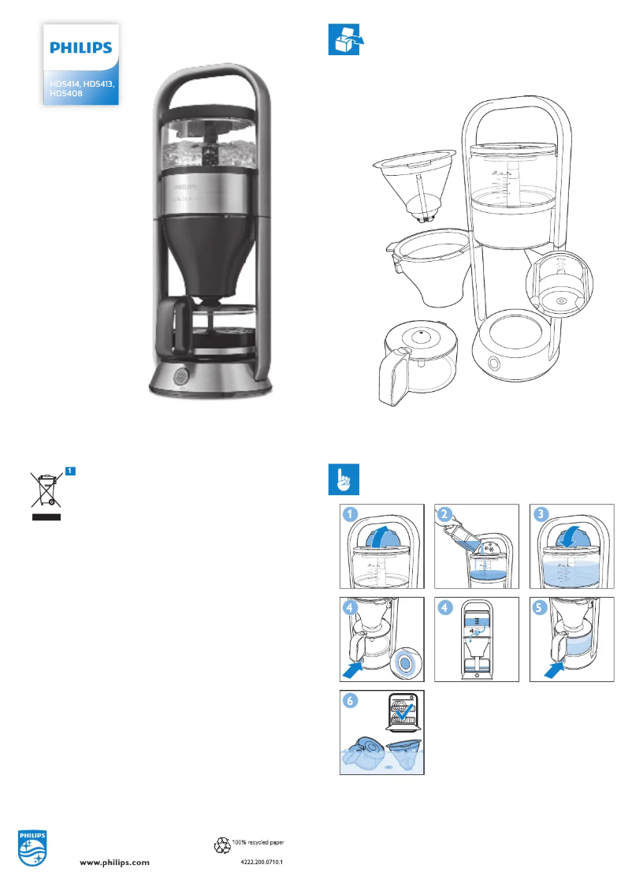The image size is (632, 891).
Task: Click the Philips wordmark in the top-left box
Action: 81,48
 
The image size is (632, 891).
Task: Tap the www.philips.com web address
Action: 115,863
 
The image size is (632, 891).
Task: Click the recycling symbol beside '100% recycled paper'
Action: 221,845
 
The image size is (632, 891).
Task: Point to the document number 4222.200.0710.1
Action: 261,863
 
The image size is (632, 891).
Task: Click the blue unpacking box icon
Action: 343,39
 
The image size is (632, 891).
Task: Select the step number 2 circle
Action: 446,515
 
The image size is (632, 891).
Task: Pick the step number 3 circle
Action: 541,515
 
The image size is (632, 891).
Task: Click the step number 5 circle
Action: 541,609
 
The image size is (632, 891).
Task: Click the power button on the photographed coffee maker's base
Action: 180,375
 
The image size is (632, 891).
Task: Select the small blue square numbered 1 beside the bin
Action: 70,471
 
